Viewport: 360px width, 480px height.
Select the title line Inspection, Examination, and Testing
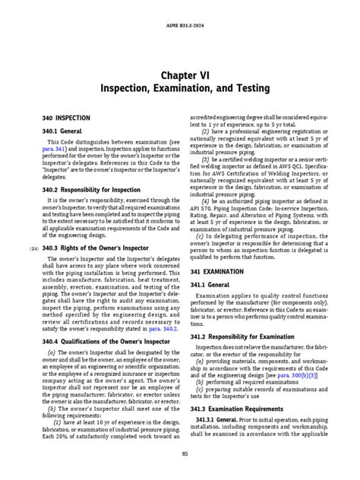(x=180, y=89)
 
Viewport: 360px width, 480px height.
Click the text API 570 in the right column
(x=200, y=207)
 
